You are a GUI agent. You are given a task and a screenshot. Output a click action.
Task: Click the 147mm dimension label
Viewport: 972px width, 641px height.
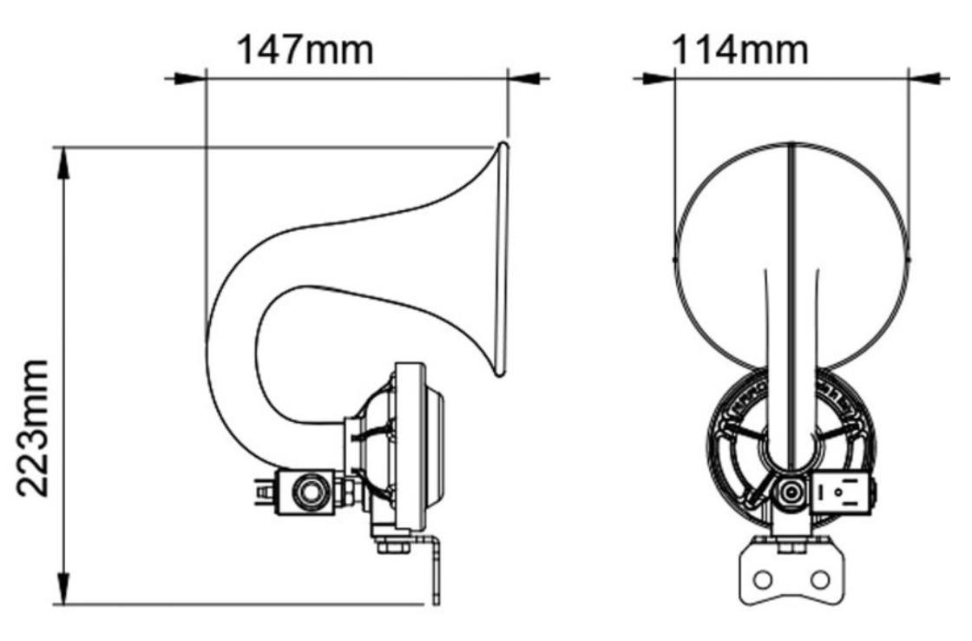(x=305, y=49)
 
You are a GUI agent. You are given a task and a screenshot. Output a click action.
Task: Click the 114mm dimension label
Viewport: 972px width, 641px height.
(x=740, y=49)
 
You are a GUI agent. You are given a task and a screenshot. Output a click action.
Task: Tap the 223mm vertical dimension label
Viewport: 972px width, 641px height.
(x=33, y=428)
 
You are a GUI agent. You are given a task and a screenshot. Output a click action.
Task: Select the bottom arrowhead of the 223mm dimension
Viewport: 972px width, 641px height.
(x=62, y=587)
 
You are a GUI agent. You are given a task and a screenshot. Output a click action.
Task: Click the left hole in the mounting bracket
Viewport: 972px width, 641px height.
(x=763, y=579)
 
